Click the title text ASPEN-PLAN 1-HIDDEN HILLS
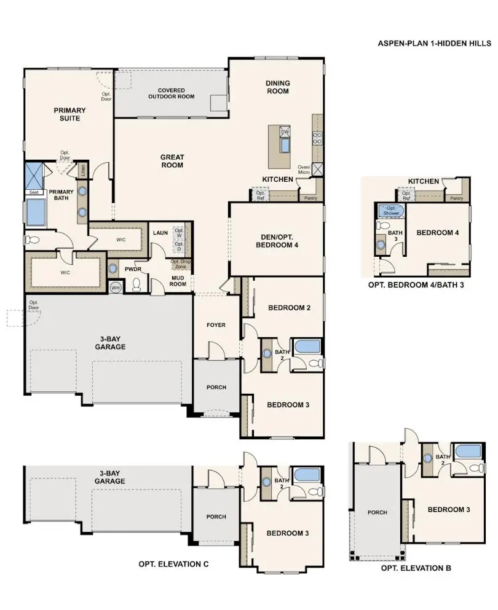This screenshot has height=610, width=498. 434,44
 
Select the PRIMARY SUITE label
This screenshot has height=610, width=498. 69,114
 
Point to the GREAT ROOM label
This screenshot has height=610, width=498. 173,161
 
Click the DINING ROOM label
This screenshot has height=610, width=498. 277,87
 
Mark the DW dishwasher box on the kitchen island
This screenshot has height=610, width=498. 285,132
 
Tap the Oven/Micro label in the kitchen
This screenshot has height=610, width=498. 304,170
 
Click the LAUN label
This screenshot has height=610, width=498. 160,233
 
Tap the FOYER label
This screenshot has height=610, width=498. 215,325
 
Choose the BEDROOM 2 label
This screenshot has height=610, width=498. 289,308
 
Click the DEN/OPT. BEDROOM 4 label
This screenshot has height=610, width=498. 277,241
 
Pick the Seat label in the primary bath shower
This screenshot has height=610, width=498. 33,192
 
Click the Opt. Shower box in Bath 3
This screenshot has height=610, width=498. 390,210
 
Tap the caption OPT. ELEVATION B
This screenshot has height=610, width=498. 416,568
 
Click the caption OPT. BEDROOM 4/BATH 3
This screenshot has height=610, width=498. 416,285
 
